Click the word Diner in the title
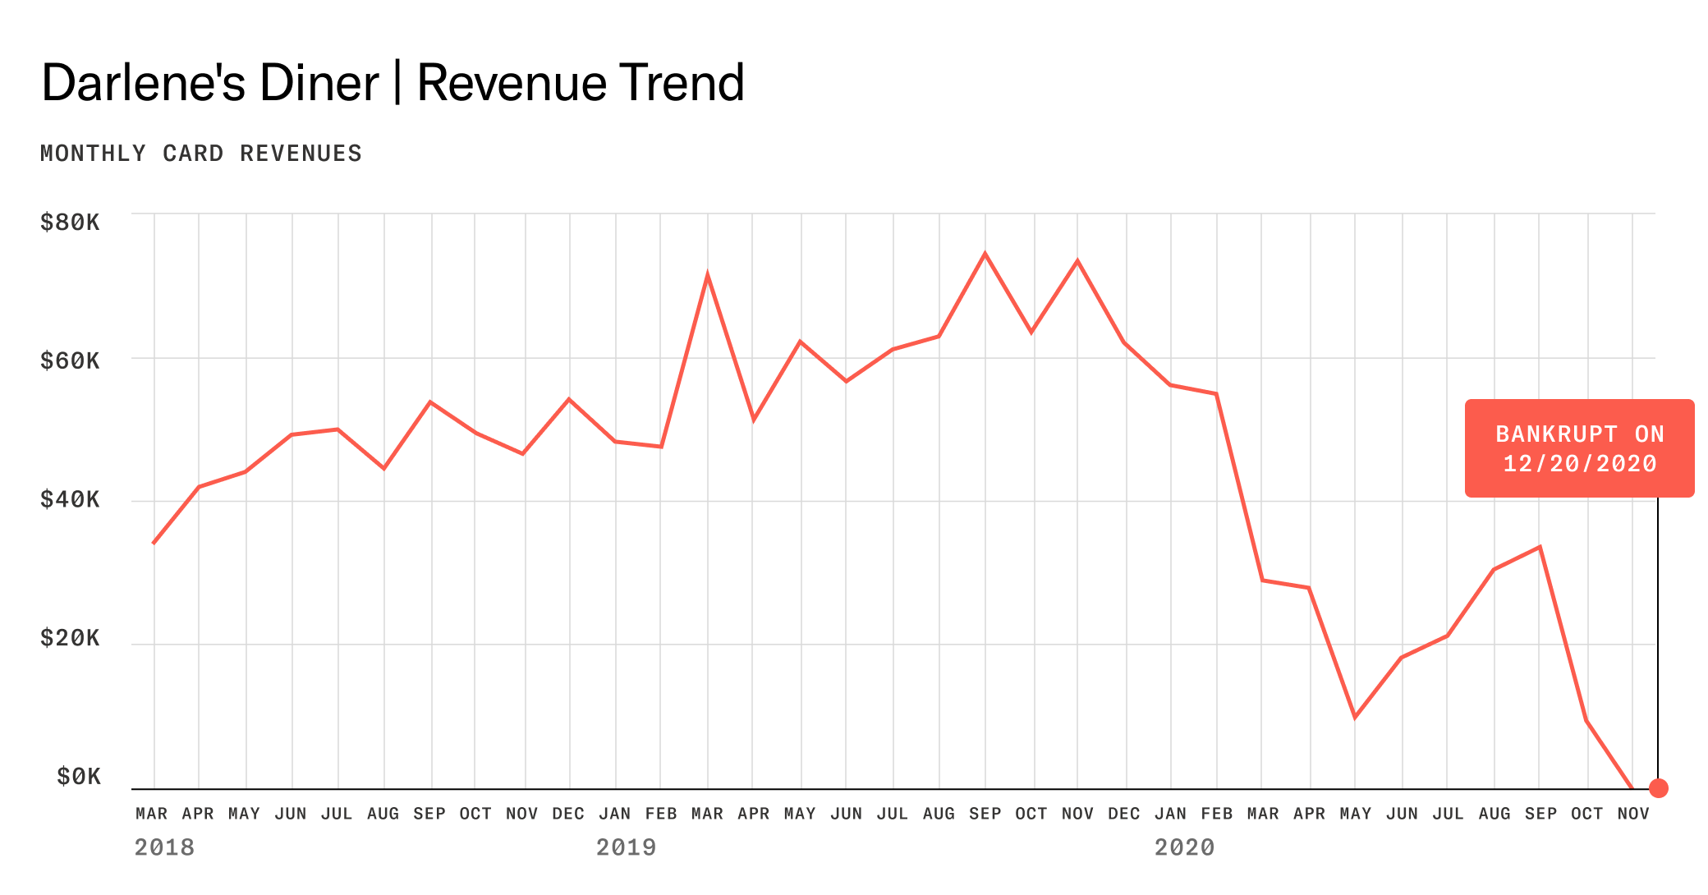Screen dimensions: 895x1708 pos(319,83)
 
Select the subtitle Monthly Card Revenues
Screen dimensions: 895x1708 pos(201,154)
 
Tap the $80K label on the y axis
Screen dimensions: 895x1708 pos(70,222)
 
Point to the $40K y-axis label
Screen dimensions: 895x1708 pos(70,499)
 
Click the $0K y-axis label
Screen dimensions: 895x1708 pos(79,776)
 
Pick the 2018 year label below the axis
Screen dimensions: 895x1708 pos(164,847)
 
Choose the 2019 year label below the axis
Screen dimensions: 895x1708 pos(626,847)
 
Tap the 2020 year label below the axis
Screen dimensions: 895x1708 pos(1184,847)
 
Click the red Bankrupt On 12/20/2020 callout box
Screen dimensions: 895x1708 pos(1579,448)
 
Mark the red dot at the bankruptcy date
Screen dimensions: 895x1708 pos(1659,788)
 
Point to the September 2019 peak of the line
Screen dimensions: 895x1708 pos(985,254)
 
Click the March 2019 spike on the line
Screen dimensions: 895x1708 pos(707,275)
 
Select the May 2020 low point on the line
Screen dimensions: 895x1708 pos(1355,718)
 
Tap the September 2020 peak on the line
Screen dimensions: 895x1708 pos(1540,547)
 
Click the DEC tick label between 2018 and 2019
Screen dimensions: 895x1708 pos(568,814)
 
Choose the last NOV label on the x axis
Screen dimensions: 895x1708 pos(1633,814)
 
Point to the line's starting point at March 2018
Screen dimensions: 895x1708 pos(154,543)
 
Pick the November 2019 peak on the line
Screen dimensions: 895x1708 pos(1077,261)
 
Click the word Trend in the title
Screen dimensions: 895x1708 pos(682,83)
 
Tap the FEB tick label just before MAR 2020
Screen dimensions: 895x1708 pos(1216,814)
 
